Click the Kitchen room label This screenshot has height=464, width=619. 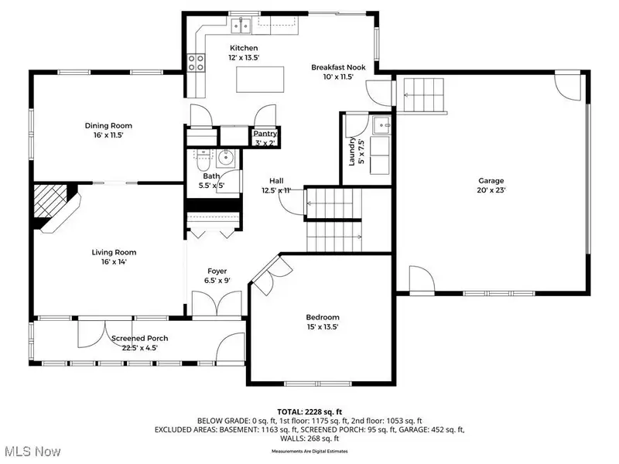pos(244,48)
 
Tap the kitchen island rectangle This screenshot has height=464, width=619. pos(260,80)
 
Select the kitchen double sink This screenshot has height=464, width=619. pos(241,26)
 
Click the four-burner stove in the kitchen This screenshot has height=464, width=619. pos(196,63)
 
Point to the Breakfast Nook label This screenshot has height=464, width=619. pos(338,67)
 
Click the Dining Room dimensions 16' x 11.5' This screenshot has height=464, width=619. pos(108,135)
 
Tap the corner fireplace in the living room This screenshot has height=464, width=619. pos(55,207)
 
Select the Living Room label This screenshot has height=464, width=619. pos(114,252)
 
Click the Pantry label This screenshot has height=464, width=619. pos(265,133)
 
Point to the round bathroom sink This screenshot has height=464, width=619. pos(226,158)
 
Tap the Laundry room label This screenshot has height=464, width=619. pos(352,152)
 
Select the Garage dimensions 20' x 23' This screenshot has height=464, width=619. pos(491,189)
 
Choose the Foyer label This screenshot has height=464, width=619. pos(217,271)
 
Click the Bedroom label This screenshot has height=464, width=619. pos(323,317)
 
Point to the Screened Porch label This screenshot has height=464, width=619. pos(140,338)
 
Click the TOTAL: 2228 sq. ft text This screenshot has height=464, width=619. pos(309,412)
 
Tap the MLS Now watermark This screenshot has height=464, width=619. pos(32,452)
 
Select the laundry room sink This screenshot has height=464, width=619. pos(381,125)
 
